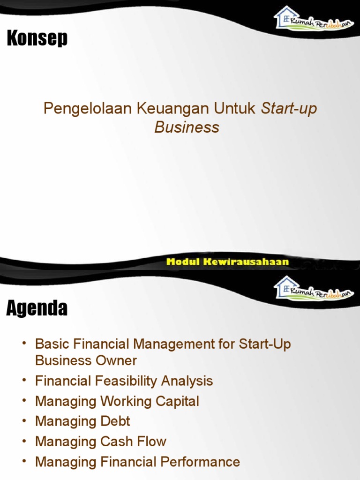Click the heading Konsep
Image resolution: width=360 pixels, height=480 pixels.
(x=37, y=38)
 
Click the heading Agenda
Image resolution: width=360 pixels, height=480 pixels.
(x=37, y=308)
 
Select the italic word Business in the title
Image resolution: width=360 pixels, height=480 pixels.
(x=187, y=127)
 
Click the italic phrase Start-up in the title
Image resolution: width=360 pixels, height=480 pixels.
(x=289, y=109)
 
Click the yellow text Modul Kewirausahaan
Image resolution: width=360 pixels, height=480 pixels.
(x=227, y=262)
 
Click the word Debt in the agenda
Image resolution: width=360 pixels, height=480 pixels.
(x=115, y=421)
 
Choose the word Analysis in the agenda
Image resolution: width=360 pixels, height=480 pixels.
(x=187, y=381)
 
